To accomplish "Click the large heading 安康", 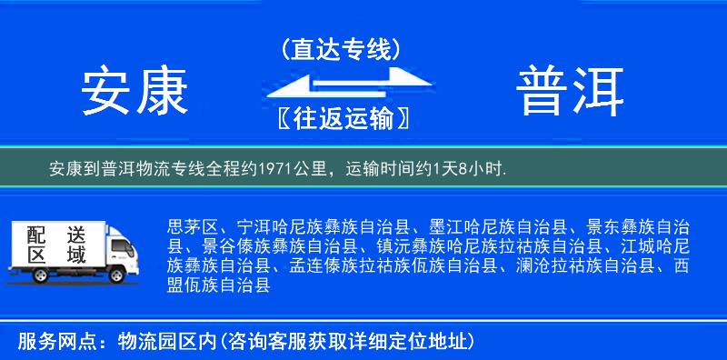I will (x=134, y=91).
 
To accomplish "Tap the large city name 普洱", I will (x=572, y=91).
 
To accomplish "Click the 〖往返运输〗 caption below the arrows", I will (x=342, y=118).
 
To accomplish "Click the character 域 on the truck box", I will (x=75, y=255).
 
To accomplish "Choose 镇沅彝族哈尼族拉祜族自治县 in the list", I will (x=488, y=246).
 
